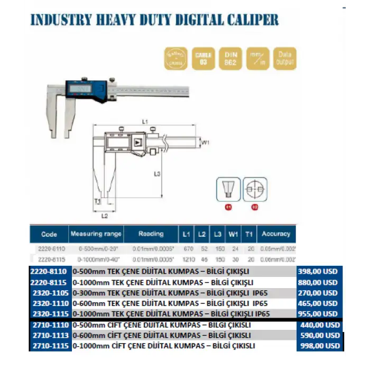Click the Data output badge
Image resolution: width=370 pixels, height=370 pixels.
(x=285, y=58)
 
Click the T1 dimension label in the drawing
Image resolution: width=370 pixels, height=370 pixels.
(x=97, y=201)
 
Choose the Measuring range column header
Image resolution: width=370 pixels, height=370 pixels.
(x=96, y=234)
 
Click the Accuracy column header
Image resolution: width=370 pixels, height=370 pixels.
(x=276, y=234)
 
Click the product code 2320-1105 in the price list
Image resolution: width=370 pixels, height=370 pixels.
(x=52, y=292)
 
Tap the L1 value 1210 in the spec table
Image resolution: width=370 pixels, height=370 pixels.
(x=186, y=259)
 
